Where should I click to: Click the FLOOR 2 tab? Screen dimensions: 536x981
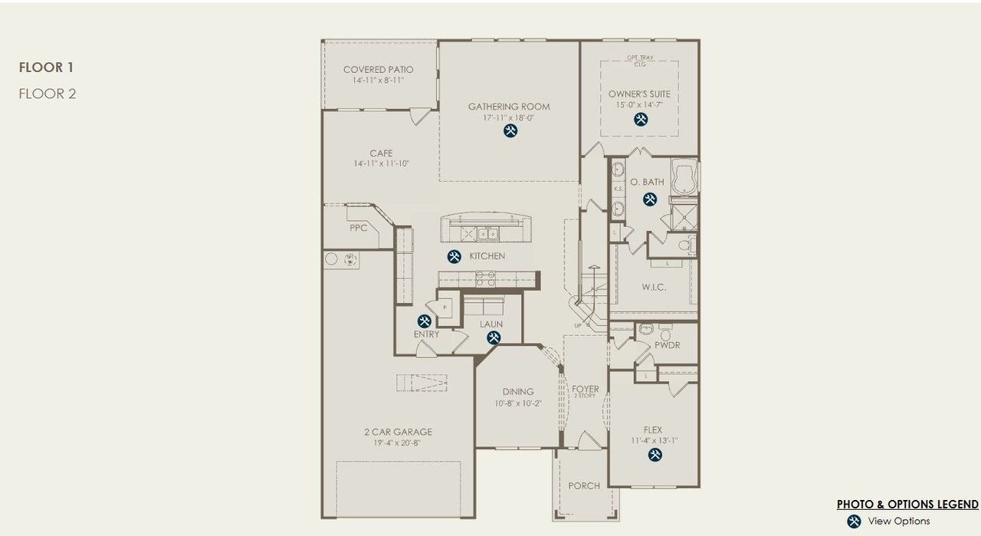pyautogui.click(x=48, y=94)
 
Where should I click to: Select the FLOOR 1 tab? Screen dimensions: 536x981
pyautogui.click(x=46, y=67)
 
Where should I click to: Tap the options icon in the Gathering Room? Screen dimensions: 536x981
pyautogui.click(x=510, y=131)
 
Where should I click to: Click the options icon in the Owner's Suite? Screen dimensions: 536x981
pyautogui.click(x=640, y=119)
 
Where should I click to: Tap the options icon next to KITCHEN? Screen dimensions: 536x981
pyautogui.click(x=454, y=256)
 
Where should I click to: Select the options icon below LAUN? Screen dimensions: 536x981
pyautogui.click(x=493, y=337)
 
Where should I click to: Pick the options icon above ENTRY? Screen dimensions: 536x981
pyautogui.click(x=425, y=321)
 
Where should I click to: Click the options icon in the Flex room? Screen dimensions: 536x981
pyautogui.click(x=655, y=455)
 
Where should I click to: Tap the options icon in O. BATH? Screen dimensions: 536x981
pyautogui.click(x=650, y=199)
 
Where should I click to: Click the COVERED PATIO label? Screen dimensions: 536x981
pyautogui.click(x=378, y=70)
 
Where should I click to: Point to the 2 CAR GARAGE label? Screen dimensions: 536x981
pyautogui.click(x=398, y=432)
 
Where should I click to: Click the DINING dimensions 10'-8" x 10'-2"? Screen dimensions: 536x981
pyautogui.click(x=517, y=403)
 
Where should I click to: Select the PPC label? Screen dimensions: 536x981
pyautogui.click(x=358, y=228)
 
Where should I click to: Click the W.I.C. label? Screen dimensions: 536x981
pyautogui.click(x=654, y=288)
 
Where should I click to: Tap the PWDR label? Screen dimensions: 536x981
pyautogui.click(x=667, y=345)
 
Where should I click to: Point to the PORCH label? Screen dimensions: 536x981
pyautogui.click(x=584, y=485)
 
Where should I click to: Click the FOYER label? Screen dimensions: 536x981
pyautogui.click(x=586, y=390)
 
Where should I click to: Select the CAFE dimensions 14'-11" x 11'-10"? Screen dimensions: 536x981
pyautogui.click(x=381, y=164)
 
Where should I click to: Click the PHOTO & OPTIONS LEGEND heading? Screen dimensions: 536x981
pyautogui.click(x=907, y=504)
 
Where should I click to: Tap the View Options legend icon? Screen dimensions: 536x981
pyautogui.click(x=854, y=521)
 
